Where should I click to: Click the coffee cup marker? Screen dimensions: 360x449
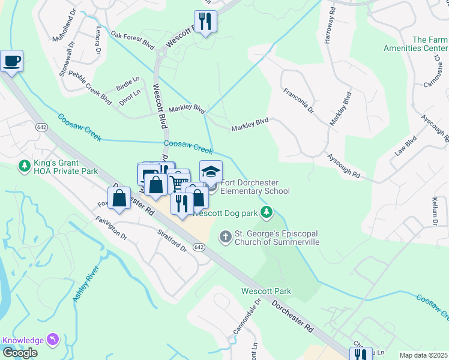(11, 61)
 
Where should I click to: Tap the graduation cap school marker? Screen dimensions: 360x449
(211, 172)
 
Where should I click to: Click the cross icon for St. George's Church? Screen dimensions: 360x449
(225, 237)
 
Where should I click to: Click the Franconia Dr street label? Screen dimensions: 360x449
(298, 100)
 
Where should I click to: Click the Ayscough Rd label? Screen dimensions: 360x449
(343, 166)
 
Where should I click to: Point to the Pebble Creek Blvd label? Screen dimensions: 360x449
(90, 88)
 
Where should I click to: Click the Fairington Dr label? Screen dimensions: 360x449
(111, 229)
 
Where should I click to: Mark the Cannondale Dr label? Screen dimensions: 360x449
(246, 316)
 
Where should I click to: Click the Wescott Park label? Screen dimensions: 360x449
(266, 291)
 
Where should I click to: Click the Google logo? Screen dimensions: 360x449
(20, 353)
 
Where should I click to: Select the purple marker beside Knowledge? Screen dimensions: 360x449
(54, 340)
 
